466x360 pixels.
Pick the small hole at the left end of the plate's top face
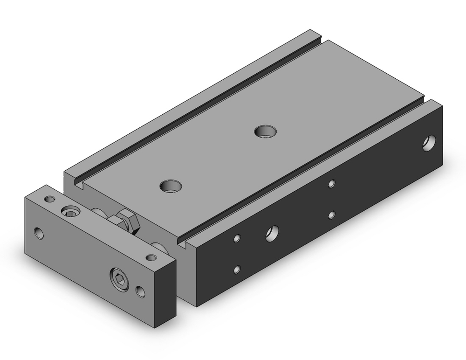pos(48,199)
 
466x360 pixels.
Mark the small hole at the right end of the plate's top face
pos(151,257)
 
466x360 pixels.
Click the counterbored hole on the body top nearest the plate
pos(170,187)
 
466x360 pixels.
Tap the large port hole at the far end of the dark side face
pos(429,143)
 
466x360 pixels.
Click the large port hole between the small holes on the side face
pos(272,233)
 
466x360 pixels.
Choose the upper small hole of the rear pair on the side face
pos(331,183)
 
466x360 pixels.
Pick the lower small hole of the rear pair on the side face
pos(331,215)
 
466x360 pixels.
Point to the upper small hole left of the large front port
pos(238,238)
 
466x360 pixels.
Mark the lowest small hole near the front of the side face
pos(238,269)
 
